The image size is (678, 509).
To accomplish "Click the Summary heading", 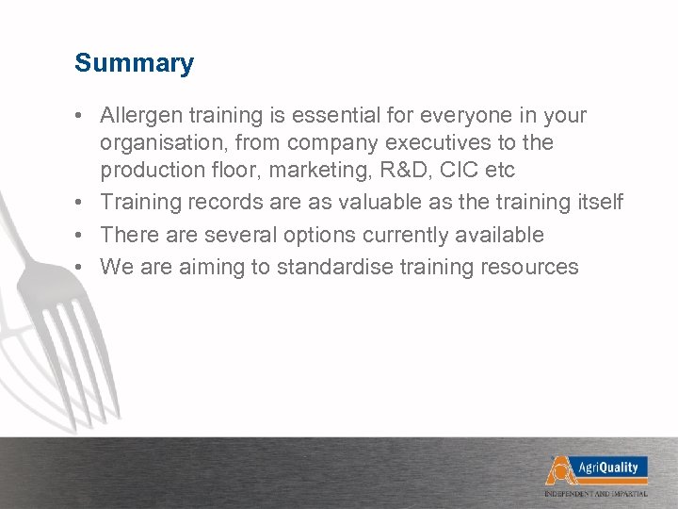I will click(x=135, y=64).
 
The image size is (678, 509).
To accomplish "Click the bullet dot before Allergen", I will click(x=83, y=117).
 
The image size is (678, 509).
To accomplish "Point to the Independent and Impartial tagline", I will click(x=609, y=493).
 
